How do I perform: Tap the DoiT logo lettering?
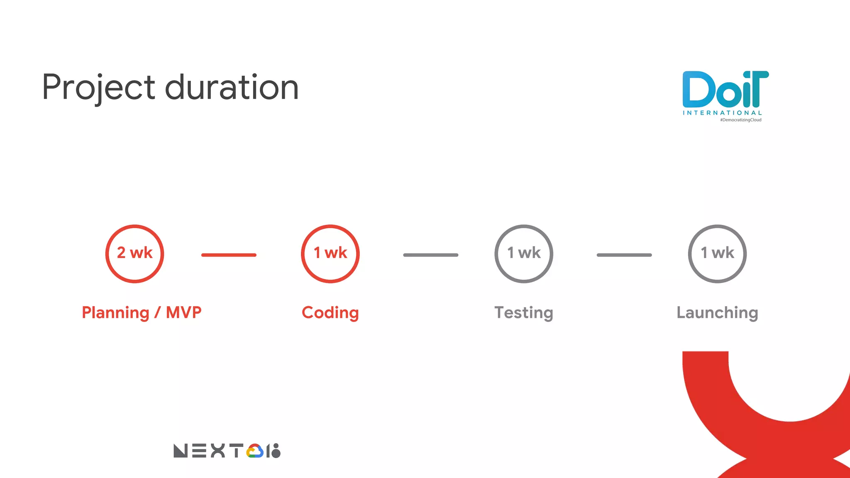725,89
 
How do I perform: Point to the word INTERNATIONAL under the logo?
722,113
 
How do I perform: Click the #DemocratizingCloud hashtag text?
740,120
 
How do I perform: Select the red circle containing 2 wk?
134,254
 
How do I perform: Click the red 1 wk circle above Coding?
330,254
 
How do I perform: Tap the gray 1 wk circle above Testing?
524,254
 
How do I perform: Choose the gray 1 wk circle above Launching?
717,254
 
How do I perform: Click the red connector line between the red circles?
229,255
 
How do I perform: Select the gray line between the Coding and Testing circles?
431,255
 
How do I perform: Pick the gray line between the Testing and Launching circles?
624,255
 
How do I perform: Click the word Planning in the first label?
115,312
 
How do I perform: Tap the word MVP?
183,312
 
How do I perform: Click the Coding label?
330,312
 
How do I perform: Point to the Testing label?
524,312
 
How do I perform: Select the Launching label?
717,312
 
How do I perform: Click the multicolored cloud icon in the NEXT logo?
255,451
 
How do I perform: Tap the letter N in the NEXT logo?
181,451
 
